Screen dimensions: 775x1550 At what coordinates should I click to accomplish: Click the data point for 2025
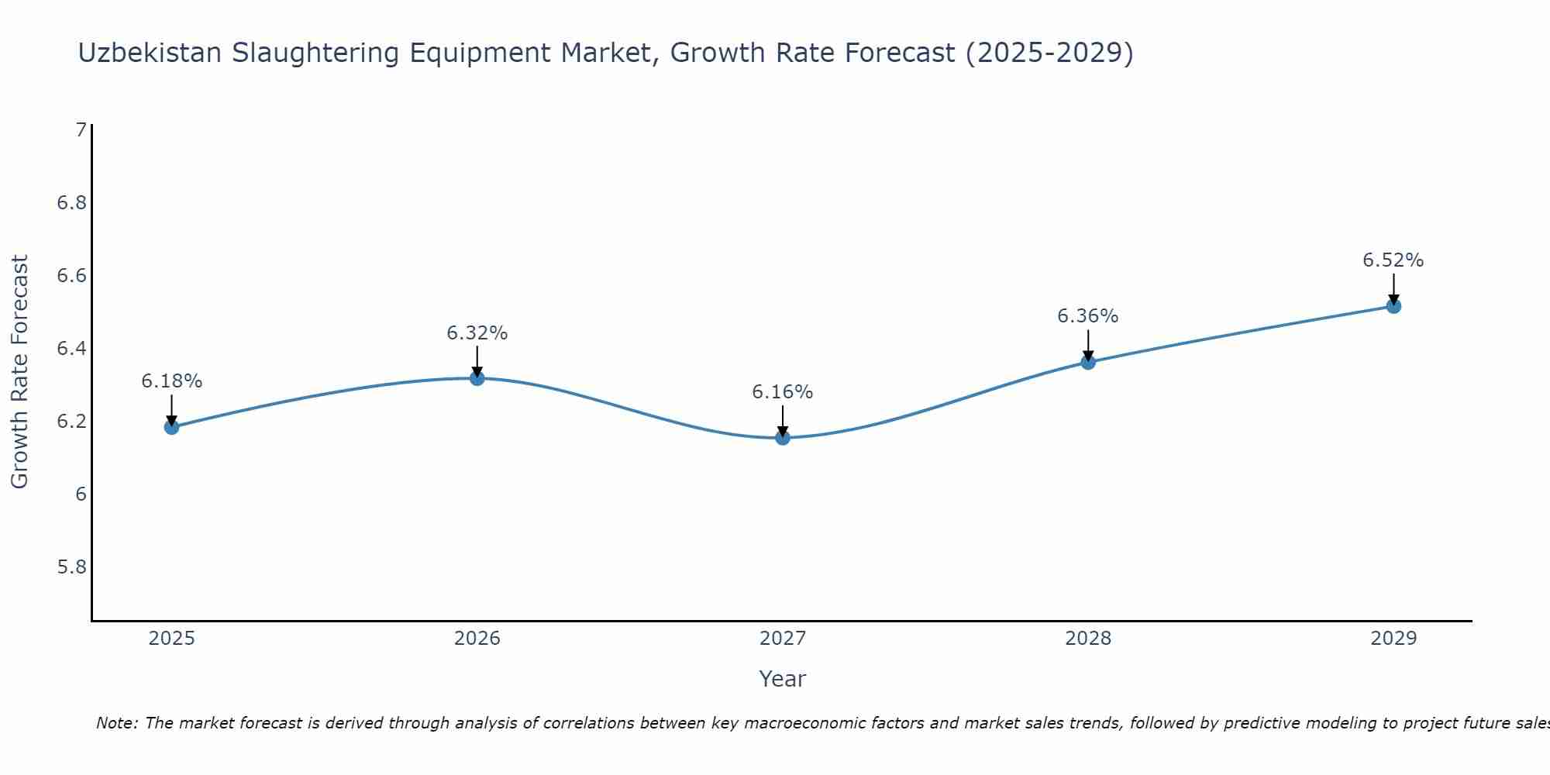click(x=172, y=427)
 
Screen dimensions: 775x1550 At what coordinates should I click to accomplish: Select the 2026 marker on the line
click(x=477, y=378)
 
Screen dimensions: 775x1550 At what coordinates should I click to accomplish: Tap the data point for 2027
click(x=783, y=438)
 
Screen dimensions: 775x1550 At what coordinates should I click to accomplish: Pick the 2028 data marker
click(x=1088, y=362)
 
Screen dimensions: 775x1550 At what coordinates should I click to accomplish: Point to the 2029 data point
click(x=1393, y=306)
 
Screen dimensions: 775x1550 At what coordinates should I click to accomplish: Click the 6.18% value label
click(x=172, y=381)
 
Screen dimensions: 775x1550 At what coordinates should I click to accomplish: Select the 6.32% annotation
click(x=477, y=333)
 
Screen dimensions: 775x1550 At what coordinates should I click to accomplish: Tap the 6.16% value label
click(x=783, y=392)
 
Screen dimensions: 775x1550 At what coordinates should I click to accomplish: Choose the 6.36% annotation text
click(x=1088, y=316)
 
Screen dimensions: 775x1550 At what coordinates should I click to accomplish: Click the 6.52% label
click(x=1393, y=260)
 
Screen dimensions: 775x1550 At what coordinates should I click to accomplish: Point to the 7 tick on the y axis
click(x=81, y=130)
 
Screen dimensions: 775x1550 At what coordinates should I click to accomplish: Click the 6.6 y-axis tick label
click(x=72, y=276)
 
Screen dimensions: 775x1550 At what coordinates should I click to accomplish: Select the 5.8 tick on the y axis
click(x=72, y=567)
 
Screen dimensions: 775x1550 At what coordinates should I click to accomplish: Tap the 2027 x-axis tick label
click(x=783, y=639)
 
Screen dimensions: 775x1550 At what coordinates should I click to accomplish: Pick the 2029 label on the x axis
click(x=1393, y=639)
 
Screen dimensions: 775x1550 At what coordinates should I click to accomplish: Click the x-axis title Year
click(x=783, y=679)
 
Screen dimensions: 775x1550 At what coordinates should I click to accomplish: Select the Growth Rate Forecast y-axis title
click(x=20, y=372)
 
